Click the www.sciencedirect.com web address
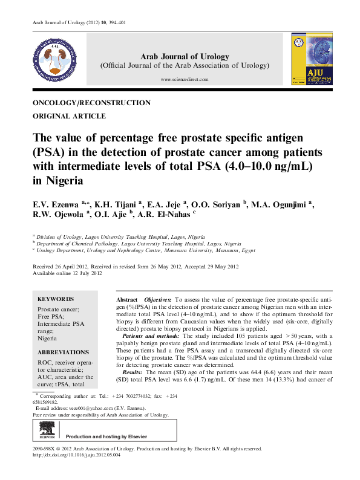pyautogui.click(x=185, y=80)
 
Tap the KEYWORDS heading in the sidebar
pyautogui.click(x=56, y=299)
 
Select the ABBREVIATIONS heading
pyautogui.click(x=63, y=352)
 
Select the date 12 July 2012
pyautogui.click(x=87, y=273)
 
